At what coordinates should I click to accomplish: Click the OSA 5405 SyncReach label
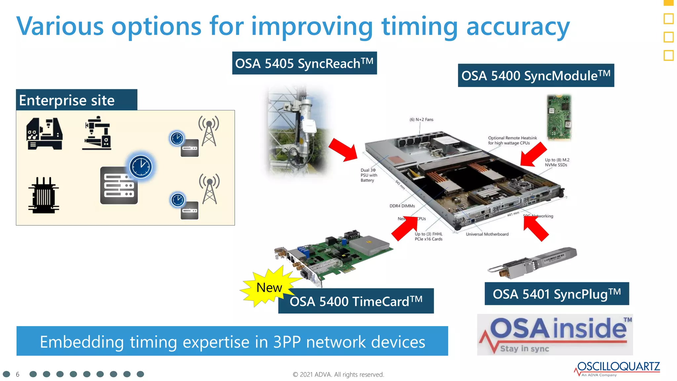click(304, 63)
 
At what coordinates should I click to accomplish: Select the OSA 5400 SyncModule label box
click(536, 75)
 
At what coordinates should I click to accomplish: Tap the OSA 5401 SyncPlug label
click(556, 294)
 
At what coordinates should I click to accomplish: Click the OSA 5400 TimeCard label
click(356, 301)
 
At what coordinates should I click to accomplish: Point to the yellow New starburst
click(268, 287)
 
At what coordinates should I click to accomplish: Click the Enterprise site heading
click(67, 100)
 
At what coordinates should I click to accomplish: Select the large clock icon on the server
click(141, 166)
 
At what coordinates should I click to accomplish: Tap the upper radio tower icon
click(209, 131)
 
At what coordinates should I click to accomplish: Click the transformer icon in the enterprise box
click(44, 195)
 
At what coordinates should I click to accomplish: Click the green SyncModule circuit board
click(559, 117)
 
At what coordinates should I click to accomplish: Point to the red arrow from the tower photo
click(344, 150)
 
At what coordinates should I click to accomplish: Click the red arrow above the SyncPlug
click(536, 229)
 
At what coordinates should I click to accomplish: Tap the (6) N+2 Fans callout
click(421, 120)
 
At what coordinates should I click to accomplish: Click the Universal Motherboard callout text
click(487, 234)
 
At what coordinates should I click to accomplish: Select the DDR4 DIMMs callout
click(402, 206)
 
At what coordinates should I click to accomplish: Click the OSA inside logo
click(555, 334)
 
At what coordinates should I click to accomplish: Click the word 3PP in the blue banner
click(287, 342)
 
